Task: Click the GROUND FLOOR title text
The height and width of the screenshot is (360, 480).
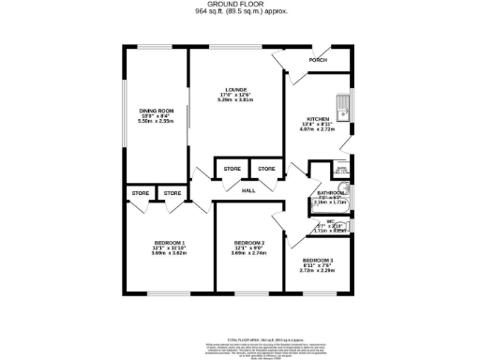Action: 240,5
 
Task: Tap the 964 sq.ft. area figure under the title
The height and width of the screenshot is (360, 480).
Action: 240,12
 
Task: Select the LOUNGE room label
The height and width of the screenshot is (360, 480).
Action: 235,90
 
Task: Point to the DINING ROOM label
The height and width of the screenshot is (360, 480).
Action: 157,111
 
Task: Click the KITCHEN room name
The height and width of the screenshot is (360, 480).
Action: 319,119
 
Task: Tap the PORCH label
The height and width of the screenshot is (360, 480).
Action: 318,62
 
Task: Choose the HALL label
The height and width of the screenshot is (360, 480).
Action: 248,191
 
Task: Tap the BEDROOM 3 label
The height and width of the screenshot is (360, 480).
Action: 318,260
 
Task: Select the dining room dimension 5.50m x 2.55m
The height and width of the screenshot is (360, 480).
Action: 157,121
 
